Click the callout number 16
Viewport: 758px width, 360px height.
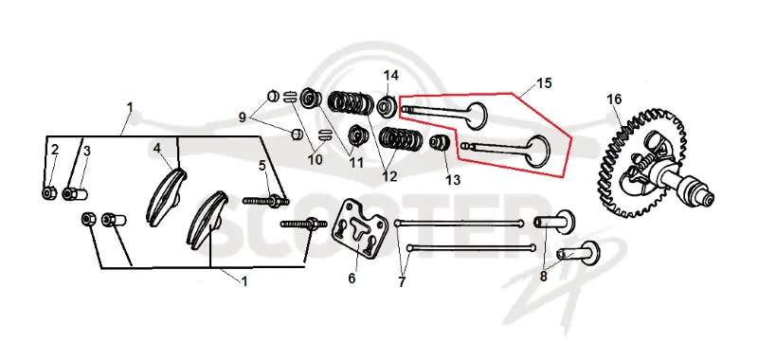click(x=614, y=99)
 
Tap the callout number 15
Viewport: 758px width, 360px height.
click(x=544, y=83)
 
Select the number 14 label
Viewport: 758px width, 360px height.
click(x=391, y=76)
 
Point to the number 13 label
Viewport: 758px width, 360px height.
click(x=453, y=180)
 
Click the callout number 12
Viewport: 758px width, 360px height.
click(x=389, y=176)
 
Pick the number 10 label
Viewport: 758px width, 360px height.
click(x=316, y=159)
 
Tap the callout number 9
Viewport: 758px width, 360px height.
click(x=243, y=117)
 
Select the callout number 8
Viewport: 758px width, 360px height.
click(x=543, y=277)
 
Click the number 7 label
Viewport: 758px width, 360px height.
click(x=402, y=281)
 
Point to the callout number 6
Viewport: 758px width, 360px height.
click(x=352, y=279)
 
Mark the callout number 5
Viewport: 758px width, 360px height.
click(x=262, y=166)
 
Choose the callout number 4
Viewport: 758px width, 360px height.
click(x=156, y=148)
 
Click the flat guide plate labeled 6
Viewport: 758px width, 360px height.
click(x=359, y=225)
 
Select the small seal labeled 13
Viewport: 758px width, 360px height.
click(x=441, y=143)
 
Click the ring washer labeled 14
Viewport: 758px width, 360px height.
click(x=388, y=107)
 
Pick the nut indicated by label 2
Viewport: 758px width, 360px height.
click(x=48, y=193)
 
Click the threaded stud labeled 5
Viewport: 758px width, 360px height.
click(x=266, y=201)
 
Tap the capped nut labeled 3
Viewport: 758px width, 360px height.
click(x=75, y=194)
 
